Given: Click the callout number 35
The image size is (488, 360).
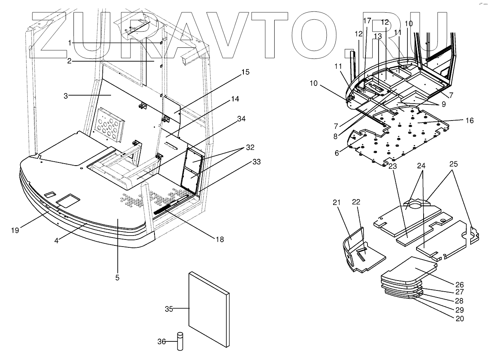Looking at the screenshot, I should click(169, 309).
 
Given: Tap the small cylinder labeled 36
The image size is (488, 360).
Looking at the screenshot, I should click(180, 342).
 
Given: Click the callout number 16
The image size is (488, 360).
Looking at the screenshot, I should click(469, 121).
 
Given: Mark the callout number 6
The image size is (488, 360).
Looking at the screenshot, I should click(337, 153).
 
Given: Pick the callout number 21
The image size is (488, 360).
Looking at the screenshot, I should click(336, 202).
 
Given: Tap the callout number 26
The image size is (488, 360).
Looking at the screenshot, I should click(460, 285).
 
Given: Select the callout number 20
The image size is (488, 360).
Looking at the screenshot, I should click(460, 319).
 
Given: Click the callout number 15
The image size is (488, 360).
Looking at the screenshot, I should click(245, 72).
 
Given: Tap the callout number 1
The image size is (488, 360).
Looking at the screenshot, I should click(70, 42).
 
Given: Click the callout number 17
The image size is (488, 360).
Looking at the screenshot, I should click(367, 20).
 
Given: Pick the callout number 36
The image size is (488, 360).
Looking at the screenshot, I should click(162, 342).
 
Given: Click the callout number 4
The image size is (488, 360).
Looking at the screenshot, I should click(57, 240).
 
